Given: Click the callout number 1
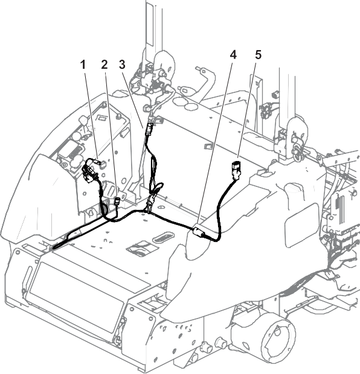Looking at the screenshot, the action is (x=83, y=65).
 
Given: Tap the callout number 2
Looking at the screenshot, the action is (x=104, y=65).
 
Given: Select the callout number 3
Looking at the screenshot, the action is (x=122, y=65).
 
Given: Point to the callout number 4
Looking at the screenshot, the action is (x=233, y=55).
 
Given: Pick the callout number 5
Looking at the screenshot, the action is (x=259, y=55).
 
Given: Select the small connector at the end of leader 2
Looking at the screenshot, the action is (x=118, y=201).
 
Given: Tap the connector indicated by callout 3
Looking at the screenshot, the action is (x=150, y=129).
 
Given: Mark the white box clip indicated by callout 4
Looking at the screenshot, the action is (x=198, y=232).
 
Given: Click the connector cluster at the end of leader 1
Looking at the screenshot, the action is (x=91, y=171).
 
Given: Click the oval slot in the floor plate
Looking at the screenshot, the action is (x=164, y=236).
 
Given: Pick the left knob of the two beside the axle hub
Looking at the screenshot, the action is (x=207, y=347).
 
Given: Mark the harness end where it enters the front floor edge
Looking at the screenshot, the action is (x=54, y=248).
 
